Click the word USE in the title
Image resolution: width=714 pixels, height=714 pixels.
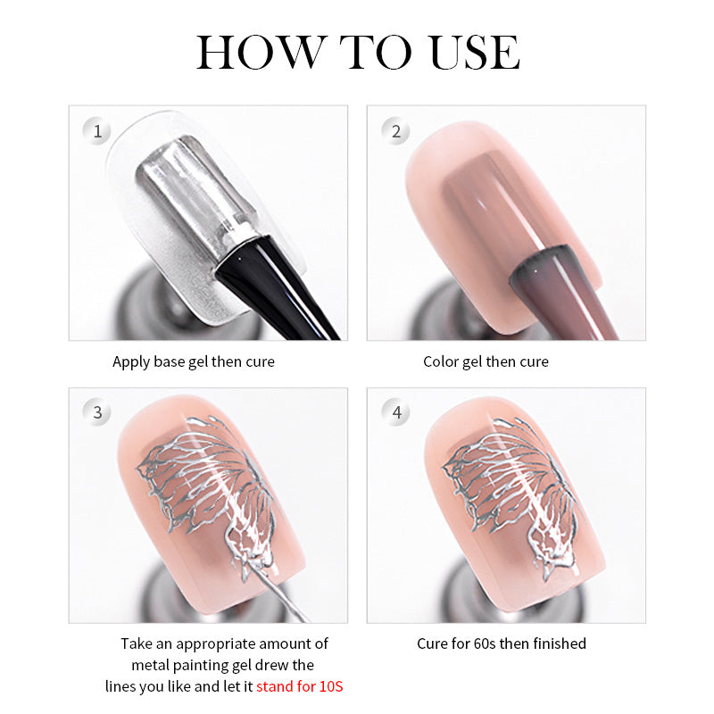click(475, 53)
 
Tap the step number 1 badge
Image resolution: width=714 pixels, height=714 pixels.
click(96, 131)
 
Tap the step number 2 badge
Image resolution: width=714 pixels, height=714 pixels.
click(395, 131)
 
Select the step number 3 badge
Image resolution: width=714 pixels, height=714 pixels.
click(96, 412)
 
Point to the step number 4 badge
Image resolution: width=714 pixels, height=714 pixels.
click(395, 412)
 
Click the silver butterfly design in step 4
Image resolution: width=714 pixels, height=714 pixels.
click(511, 496)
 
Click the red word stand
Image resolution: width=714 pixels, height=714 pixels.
click(275, 686)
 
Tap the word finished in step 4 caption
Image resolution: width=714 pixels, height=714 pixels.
click(560, 643)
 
